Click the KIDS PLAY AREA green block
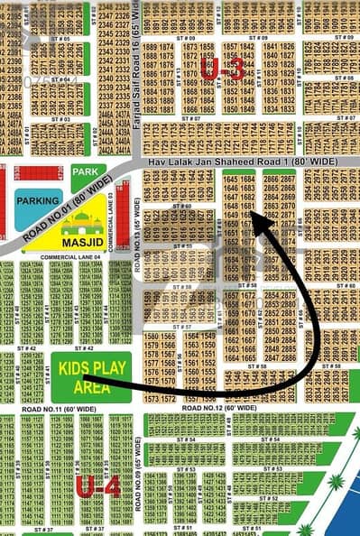point(90,375)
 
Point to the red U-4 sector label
point(97,487)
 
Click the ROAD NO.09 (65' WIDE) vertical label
point(138,474)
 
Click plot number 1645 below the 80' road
point(230,180)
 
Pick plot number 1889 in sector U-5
point(150,47)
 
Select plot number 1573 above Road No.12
point(151,398)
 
